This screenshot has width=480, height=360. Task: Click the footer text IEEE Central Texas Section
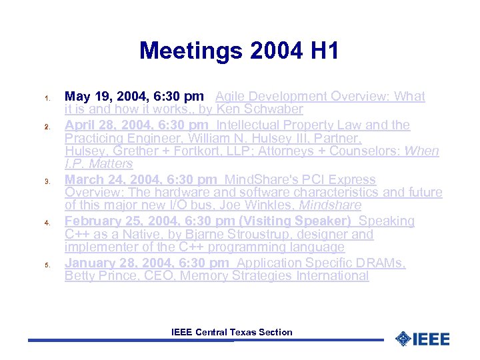coord(231,332)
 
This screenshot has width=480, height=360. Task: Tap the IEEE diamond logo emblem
coord(403,339)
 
